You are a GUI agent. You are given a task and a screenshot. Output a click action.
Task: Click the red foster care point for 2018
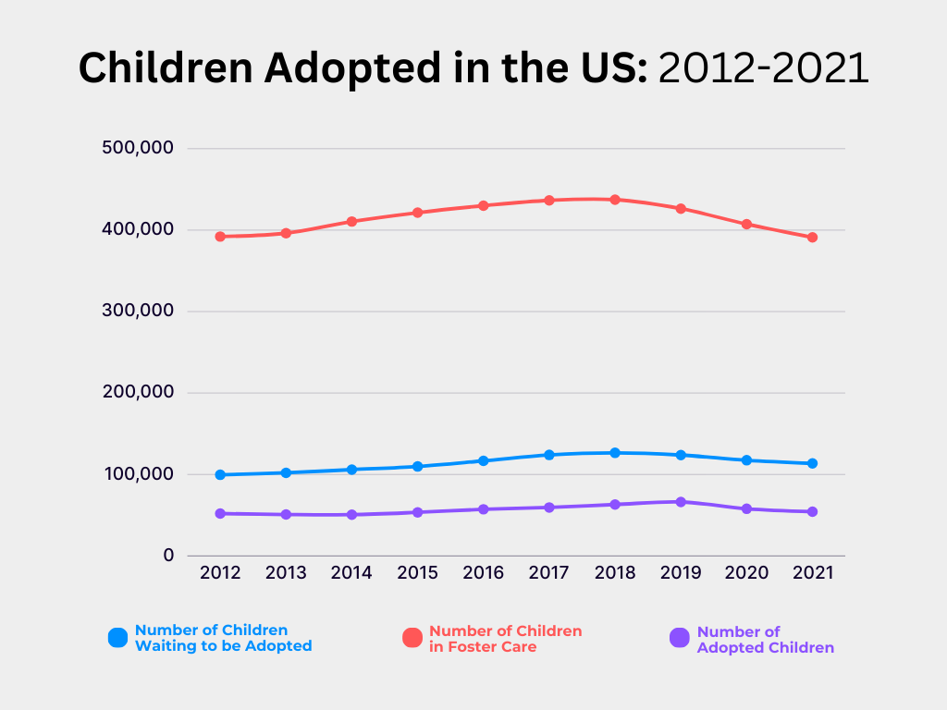[x=615, y=200]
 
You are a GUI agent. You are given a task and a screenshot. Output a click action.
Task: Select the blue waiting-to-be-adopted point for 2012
[x=220, y=475]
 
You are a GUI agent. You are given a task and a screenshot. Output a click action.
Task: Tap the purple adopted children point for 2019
[x=681, y=502]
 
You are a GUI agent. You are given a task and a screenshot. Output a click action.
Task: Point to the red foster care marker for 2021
[x=812, y=238]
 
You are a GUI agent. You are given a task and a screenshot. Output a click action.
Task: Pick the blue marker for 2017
[x=549, y=455]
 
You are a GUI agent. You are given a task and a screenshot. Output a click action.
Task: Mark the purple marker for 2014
[x=351, y=515]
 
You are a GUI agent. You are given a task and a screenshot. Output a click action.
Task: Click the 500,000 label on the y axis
[x=136, y=148]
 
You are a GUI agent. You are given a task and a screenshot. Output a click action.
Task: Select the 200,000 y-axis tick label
[x=136, y=392]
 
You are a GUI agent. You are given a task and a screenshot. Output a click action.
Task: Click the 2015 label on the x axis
[x=417, y=573]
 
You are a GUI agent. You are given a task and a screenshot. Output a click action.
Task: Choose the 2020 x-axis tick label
[x=746, y=573]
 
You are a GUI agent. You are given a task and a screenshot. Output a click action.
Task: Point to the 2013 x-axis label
[x=286, y=573]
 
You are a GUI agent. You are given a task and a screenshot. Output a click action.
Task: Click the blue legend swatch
[x=117, y=638]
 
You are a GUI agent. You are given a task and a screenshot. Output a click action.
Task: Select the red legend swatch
[x=412, y=638]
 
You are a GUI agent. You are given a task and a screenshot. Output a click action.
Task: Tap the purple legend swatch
[x=680, y=638]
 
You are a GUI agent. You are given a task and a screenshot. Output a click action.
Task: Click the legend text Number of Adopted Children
[x=765, y=640]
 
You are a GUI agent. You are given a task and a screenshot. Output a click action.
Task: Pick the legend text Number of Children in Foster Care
[x=505, y=639]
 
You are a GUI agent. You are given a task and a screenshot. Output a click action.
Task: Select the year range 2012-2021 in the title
[x=763, y=68]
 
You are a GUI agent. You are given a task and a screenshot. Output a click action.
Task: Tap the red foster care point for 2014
[x=351, y=222]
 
